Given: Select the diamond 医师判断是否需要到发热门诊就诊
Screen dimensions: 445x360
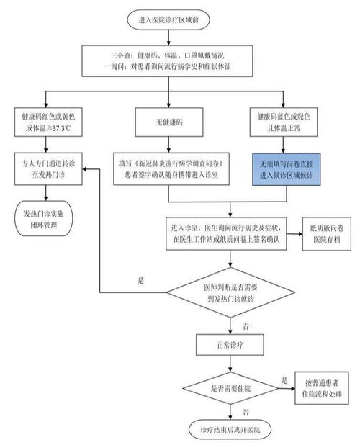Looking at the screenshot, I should pyautogui.click(x=230, y=292).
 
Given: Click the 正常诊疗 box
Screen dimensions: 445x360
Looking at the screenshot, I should pyautogui.click(x=230, y=344).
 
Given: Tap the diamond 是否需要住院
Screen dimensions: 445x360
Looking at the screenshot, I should pyautogui.click(x=230, y=387).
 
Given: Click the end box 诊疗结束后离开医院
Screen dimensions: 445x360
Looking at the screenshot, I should pyautogui.click(x=230, y=431).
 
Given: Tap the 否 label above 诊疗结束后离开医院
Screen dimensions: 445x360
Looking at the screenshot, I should pyautogui.click(x=246, y=412).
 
